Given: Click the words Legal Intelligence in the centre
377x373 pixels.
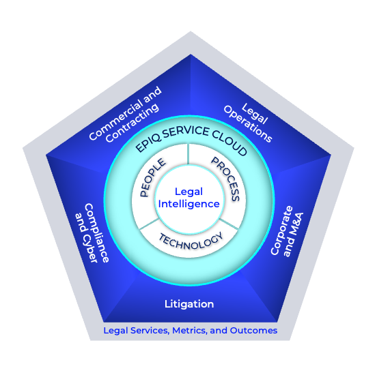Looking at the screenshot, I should tap(188, 198).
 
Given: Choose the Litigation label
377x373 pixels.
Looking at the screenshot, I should tap(190, 303).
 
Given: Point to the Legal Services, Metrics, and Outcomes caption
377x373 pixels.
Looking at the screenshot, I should tap(190, 330).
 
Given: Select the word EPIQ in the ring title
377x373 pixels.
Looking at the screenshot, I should tap(146, 145).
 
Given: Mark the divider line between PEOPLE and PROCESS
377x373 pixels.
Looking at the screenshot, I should tap(188, 155).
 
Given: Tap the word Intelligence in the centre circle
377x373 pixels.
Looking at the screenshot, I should tap(188, 204).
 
